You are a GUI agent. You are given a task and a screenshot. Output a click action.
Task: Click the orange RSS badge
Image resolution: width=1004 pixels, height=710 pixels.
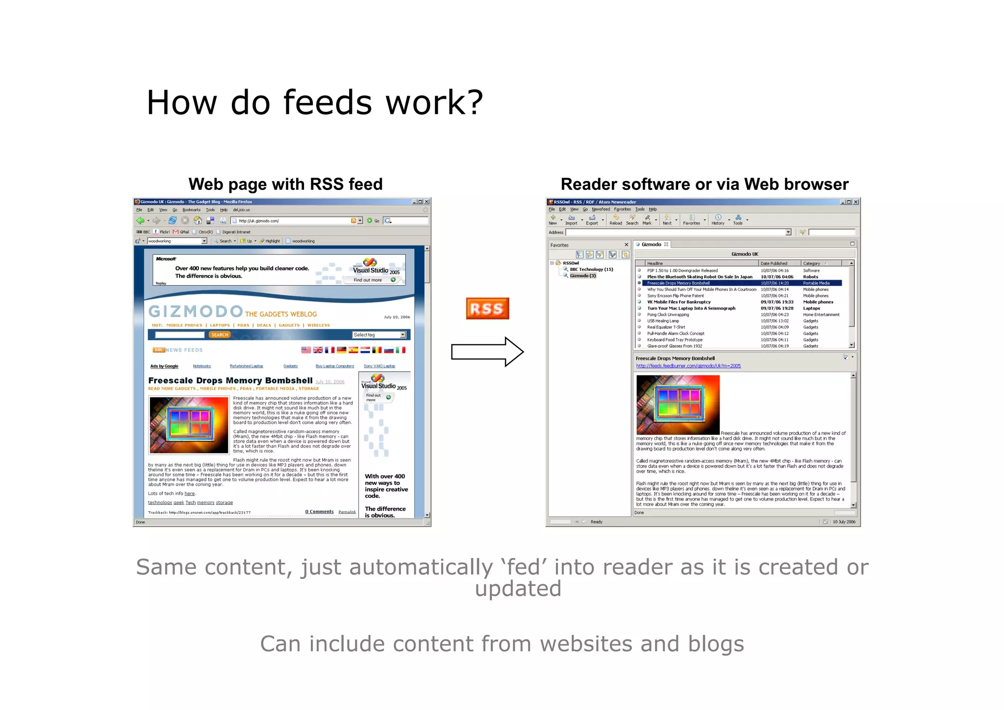487,309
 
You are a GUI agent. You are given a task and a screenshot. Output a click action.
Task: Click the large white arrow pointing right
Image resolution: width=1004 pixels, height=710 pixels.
487,351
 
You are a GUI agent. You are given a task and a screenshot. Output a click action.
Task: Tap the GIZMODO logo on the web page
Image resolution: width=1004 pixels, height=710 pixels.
196,312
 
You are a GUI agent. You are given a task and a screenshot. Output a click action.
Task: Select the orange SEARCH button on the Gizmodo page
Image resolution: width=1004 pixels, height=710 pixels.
220,335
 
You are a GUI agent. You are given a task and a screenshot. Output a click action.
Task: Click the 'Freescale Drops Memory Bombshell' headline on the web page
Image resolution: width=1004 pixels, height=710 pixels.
230,381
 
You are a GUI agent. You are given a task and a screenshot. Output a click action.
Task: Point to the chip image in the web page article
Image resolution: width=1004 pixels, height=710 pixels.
189,425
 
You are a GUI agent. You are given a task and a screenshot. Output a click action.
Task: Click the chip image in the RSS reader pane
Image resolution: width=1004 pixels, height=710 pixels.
678,404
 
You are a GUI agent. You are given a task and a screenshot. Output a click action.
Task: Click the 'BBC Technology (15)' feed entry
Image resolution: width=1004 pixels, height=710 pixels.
591,269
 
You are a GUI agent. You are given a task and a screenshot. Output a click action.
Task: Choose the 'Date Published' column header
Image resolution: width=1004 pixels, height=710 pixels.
774,263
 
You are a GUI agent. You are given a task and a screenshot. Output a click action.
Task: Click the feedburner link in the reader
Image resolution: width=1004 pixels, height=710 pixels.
688,366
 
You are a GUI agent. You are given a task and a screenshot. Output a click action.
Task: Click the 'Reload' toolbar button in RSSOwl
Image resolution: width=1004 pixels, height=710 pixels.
616,220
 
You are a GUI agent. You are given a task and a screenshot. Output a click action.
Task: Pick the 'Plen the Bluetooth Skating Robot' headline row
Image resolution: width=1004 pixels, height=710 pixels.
700,277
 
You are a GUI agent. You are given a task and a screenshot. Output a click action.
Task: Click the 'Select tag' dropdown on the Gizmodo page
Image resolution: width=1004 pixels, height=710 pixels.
379,335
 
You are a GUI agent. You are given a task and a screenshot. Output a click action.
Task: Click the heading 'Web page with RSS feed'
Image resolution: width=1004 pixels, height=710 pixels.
285,184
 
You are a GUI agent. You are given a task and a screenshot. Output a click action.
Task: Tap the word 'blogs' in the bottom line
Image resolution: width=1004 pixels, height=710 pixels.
716,644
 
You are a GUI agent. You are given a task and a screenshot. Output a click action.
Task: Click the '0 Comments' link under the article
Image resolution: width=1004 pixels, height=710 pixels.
319,512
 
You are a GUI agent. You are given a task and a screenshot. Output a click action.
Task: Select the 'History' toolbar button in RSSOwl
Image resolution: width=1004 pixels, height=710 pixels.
718,220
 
